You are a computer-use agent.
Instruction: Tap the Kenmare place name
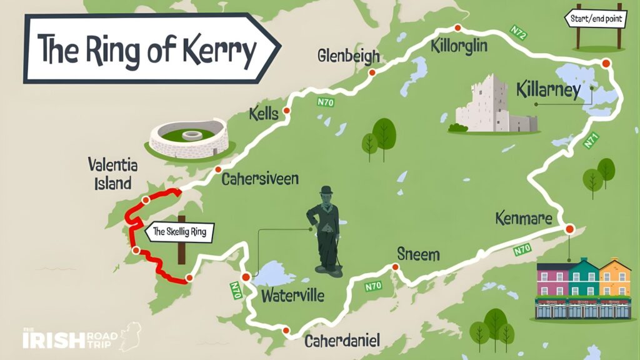(x=523, y=219)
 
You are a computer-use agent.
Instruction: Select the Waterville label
(x=292, y=295)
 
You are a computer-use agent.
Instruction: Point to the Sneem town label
(x=418, y=254)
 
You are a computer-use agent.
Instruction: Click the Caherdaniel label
(x=342, y=341)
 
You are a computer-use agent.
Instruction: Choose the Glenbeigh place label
(x=348, y=56)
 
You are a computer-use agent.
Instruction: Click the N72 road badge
(x=518, y=33)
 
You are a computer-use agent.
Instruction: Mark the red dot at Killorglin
(x=457, y=27)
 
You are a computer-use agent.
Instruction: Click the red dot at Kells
(x=286, y=111)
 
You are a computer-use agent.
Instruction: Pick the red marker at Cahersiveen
(x=217, y=169)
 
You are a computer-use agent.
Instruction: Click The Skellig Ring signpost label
(x=179, y=234)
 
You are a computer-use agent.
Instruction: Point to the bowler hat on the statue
(x=326, y=190)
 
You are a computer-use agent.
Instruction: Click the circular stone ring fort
(x=189, y=138)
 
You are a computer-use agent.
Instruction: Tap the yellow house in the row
(x=614, y=278)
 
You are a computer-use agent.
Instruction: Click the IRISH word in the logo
(x=53, y=339)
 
